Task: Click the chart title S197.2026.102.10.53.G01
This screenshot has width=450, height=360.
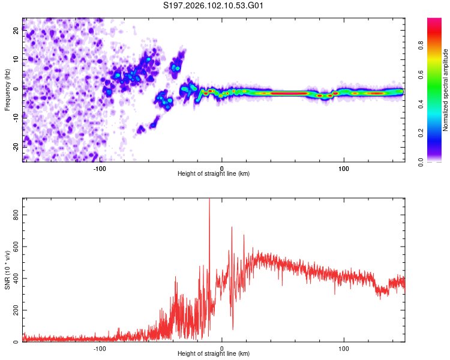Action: pyautogui.click(x=214, y=6)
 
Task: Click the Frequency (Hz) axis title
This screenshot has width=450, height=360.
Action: pyautogui.click(x=7, y=90)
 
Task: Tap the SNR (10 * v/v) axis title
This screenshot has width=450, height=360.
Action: pyautogui.click(x=7, y=270)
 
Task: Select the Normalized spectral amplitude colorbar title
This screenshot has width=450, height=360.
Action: pyautogui.click(x=446, y=90)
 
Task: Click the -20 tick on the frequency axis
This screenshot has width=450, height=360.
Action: pyautogui.click(x=16, y=146)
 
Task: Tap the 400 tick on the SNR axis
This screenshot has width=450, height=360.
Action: pyautogui.click(x=13, y=278)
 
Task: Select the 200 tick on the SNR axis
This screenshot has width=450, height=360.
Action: pyautogui.click(x=13, y=310)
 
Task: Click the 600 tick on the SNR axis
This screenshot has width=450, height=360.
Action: pyautogui.click(x=13, y=247)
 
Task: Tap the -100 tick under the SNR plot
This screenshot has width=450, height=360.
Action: pyautogui.click(x=100, y=348)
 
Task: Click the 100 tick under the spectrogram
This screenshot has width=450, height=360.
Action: pyautogui.click(x=344, y=168)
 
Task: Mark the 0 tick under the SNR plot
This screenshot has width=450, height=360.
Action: pyautogui.click(x=222, y=348)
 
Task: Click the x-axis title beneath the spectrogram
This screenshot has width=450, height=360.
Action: pyautogui.click(x=214, y=174)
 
